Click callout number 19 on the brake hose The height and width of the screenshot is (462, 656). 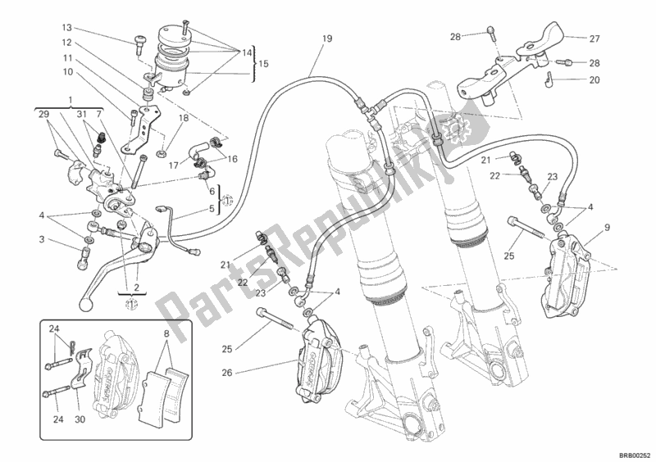tap(326, 38)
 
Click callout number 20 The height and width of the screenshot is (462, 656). tap(594, 80)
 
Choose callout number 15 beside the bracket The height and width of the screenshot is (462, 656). tap(262, 63)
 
